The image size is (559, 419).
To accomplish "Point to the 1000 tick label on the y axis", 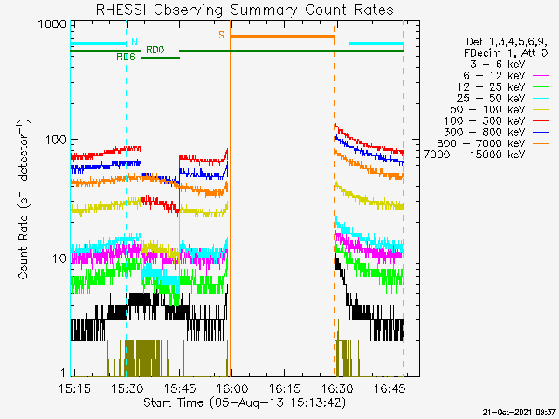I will pos(51,24).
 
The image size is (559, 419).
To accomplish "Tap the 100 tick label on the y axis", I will pos(54,140).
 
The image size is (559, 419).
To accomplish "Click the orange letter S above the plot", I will pos(221,36).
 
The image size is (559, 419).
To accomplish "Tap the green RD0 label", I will pos(154,51).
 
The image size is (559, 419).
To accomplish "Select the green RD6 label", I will pos(125,57).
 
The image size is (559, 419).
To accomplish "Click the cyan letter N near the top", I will pos(134,42).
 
